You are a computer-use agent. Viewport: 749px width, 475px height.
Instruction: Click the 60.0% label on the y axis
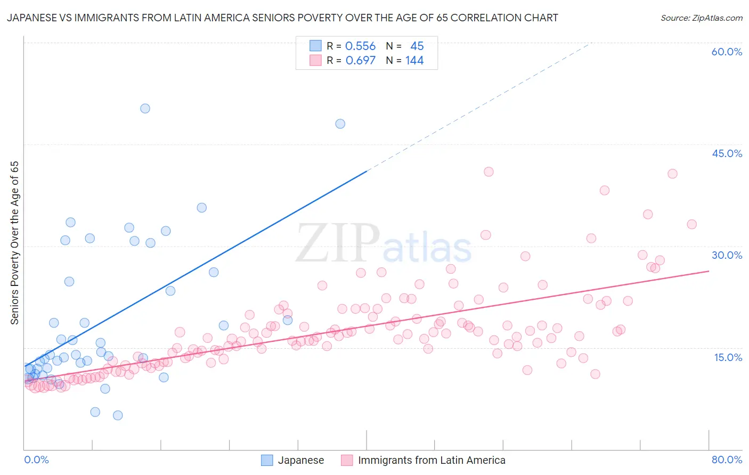[x=727, y=52]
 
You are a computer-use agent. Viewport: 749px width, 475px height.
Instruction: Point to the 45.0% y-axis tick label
[x=727, y=153]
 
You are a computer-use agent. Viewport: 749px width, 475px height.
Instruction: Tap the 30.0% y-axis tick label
[x=727, y=255]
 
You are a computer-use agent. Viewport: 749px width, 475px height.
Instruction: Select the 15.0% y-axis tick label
[x=728, y=357]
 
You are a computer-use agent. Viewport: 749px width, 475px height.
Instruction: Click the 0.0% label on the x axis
[x=36, y=460]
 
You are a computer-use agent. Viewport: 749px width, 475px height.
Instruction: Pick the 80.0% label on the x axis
[x=727, y=460]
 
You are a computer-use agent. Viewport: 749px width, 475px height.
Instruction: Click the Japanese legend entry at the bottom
[x=300, y=460]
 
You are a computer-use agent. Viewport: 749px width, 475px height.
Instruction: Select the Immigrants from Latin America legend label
[x=432, y=460]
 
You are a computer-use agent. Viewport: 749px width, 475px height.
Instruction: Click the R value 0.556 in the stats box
[x=360, y=46]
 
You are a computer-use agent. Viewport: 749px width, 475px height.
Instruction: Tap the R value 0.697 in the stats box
[x=360, y=61]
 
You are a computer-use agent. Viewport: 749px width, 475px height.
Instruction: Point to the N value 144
[x=414, y=61]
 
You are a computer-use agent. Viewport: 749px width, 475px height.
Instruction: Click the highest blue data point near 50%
[x=145, y=109]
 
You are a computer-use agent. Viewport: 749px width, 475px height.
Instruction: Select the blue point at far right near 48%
[x=340, y=124]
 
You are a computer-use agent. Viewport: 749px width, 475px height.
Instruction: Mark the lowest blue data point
[x=118, y=415]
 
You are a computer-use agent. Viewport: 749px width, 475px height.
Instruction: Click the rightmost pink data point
[x=691, y=224]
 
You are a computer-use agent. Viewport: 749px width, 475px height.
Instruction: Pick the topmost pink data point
[x=489, y=171]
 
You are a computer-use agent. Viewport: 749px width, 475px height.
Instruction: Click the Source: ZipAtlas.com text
[x=701, y=18]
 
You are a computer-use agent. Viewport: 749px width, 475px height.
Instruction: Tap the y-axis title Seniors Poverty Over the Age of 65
[x=15, y=243]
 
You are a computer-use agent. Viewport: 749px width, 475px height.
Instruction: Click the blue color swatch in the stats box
[x=315, y=46]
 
